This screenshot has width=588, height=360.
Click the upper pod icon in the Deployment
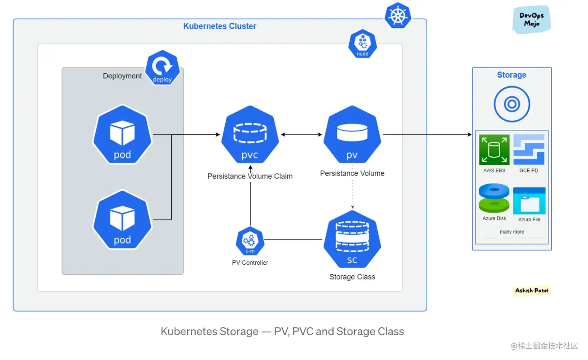click(x=122, y=135)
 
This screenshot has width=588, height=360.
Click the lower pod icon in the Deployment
click(x=122, y=220)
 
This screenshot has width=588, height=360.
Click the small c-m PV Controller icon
click(x=250, y=242)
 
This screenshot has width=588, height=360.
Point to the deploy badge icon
click(x=163, y=70)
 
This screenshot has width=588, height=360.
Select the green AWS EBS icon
click(x=494, y=150)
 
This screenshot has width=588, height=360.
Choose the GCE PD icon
click(x=529, y=150)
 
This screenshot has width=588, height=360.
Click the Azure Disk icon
click(x=494, y=198)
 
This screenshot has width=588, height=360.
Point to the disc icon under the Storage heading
click(x=512, y=104)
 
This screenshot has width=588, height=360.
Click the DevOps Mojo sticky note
click(x=531, y=19)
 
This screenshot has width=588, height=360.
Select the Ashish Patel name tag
click(x=532, y=290)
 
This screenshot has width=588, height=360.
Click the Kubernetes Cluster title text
click(x=220, y=26)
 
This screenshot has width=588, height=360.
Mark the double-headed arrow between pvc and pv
click(x=301, y=135)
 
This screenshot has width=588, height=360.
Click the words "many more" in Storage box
click(x=512, y=232)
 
